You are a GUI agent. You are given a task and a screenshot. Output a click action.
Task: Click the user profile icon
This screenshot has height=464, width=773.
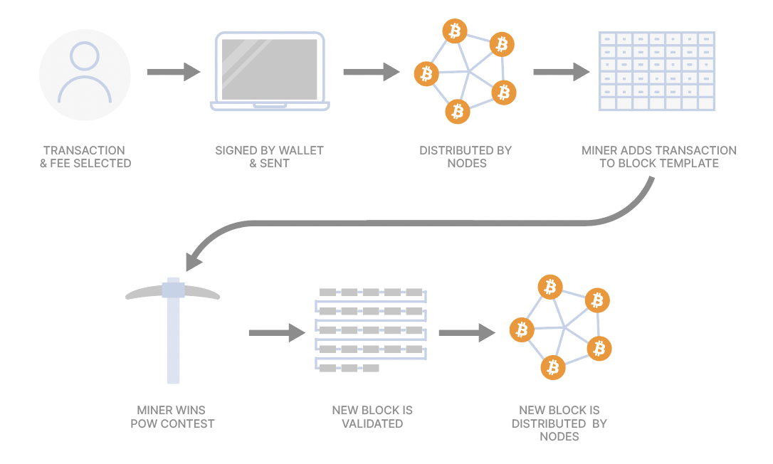tap(85, 74)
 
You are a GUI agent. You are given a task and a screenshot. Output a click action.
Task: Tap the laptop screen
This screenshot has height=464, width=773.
tap(270, 69)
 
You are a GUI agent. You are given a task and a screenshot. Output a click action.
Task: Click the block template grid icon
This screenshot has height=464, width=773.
tap(657, 71)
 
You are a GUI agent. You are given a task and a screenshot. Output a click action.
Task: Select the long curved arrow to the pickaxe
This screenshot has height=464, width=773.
tap(427, 222)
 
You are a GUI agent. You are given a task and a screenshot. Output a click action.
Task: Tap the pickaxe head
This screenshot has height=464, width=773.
tap(173, 290)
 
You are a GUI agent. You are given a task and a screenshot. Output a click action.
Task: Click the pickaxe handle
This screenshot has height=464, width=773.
tap(173, 342)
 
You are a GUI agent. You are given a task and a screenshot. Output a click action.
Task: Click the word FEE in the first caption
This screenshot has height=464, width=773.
tap(65, 164)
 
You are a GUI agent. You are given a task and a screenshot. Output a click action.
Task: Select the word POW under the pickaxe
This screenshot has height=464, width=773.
tap(144, 423)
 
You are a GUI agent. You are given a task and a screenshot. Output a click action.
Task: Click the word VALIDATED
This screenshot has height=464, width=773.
tap(372, 423)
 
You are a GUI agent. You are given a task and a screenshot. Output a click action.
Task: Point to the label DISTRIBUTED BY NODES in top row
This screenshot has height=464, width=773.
tap(466, 157)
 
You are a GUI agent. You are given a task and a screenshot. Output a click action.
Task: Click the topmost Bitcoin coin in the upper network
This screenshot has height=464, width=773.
tap(454, 31)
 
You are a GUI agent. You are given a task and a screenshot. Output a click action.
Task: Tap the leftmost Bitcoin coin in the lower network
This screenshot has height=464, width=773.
tap(522, 329)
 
